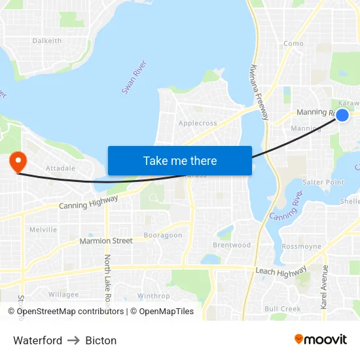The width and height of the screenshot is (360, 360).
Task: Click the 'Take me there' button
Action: coord(180,160)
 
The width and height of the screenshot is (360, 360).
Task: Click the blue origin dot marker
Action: coord(342,115)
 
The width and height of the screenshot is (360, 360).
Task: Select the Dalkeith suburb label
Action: coord(47,41)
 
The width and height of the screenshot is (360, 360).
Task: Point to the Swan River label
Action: coord(134,77)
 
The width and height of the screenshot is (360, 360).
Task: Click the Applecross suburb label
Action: coord(198,122)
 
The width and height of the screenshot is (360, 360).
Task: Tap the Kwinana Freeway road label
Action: coord(259,92)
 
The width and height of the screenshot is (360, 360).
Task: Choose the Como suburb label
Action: coord(293,44)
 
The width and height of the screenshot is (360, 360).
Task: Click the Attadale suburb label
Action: coord(58,168)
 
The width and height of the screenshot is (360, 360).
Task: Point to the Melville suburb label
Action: coord(43,230)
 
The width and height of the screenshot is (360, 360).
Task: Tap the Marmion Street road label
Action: coord(106,241)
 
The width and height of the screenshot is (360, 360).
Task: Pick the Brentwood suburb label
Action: coord(232,245)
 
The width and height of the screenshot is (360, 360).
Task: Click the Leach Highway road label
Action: coord(281,272)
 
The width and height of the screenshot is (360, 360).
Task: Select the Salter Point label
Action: coord(323,182)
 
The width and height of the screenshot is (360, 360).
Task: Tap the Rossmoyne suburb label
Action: coord(301,247)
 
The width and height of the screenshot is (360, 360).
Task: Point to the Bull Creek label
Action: coord(282,308)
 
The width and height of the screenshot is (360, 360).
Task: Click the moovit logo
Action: coord(321,339)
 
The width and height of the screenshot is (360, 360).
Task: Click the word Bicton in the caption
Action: coord(101,340)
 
